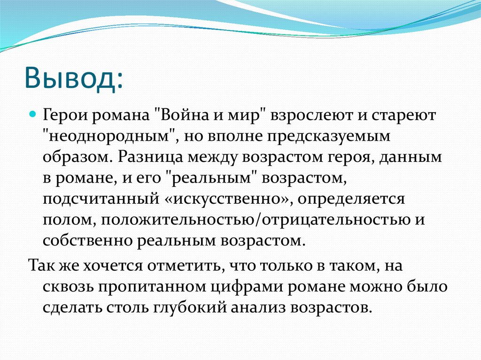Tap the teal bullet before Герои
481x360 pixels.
33,115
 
